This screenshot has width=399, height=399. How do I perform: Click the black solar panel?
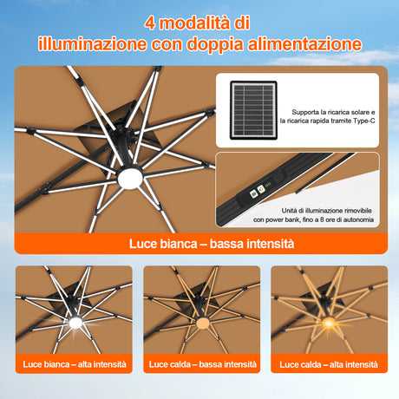(x=253, y=110)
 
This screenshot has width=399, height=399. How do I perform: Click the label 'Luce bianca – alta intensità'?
(x=74, y=365)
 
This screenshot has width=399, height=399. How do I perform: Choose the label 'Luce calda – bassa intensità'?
(x=200, y=365)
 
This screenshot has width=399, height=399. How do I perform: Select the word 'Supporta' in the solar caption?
(x=308, y=112)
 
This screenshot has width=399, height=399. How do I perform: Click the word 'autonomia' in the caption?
(x=381, y=220)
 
